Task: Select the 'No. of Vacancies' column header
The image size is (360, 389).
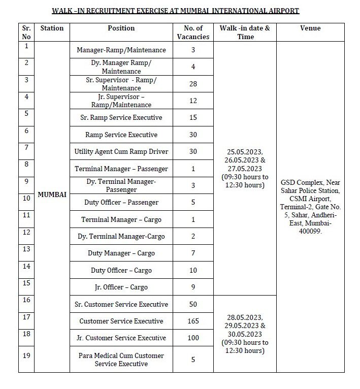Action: click(193, 33)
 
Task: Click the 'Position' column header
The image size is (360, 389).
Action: click(121, 28)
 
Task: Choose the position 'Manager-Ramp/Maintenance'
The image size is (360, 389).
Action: click(121, 50)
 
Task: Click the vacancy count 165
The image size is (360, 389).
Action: click(193, 321)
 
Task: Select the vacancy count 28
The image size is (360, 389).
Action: click(193, 84)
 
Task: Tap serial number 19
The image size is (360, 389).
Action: click(26, 355)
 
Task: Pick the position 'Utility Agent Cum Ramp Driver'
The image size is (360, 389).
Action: click(121, 151)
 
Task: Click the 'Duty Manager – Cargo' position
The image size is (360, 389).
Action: click(121, 253)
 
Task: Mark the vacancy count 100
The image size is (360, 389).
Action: click(193, 338)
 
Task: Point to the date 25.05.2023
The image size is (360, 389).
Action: click(245, 151)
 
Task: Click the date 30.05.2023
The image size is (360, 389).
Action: click(245, 334)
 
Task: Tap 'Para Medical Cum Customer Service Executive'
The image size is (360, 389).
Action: click(121, 360)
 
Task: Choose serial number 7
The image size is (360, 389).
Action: click(26, 147)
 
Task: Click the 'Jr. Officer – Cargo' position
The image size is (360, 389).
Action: click(121, 287)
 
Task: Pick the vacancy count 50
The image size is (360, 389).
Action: click(193, 304)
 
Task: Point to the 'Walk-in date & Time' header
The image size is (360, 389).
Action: click(245, 33)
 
